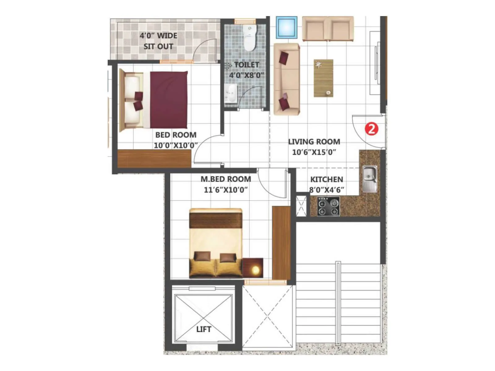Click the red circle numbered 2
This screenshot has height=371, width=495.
[x=371, y=129]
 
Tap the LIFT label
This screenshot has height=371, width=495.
[x=204, y=329]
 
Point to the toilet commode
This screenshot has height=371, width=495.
[x=249, y=38]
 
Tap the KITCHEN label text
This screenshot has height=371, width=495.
[x=326, y=180]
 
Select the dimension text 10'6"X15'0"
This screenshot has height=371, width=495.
[x=314, y=152]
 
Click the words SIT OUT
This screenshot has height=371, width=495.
[x=158, y=47]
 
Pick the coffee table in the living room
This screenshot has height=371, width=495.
[x=323, y=78]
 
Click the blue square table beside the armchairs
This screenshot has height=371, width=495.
[x=286, y=27]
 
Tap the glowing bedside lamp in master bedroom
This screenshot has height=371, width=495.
[x=255, y=270]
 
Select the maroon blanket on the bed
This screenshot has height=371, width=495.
[x=169, y=100]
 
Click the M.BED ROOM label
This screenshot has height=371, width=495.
[x=226, y=179]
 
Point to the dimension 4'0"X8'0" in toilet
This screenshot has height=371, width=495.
[x=247, y=75]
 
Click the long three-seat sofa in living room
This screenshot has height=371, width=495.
[x=286, y=79]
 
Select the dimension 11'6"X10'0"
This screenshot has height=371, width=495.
[x=226, y=190]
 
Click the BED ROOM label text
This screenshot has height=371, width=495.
[x=175, y=135]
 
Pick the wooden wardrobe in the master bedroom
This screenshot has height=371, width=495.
[x=281, y=243]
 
